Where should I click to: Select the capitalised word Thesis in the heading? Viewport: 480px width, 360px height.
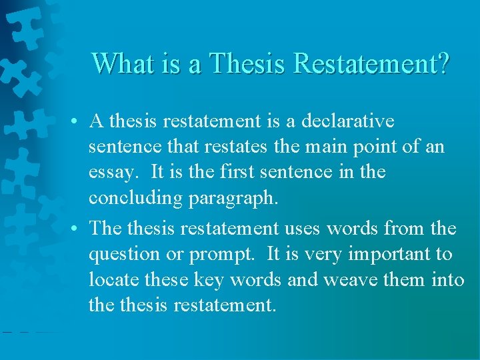(x=248, y=63)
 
